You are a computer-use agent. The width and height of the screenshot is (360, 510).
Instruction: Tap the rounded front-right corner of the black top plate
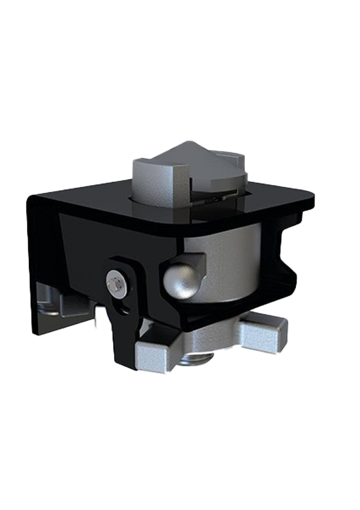303,204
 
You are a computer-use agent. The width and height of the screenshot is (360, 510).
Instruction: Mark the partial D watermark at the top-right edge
306,147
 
